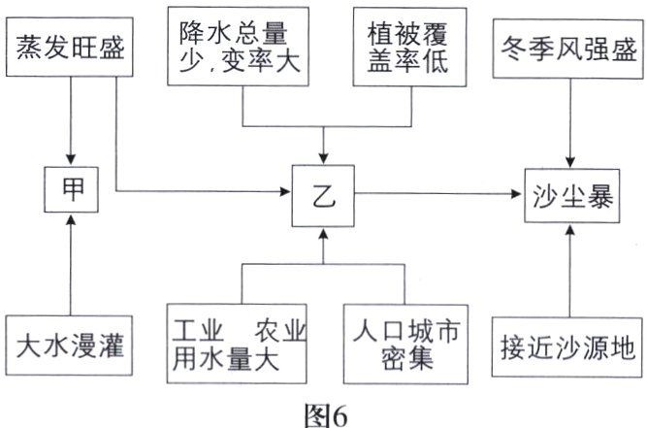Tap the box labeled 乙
[323, 196]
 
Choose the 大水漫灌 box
[69, 345]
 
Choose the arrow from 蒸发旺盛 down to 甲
[69, 121]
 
